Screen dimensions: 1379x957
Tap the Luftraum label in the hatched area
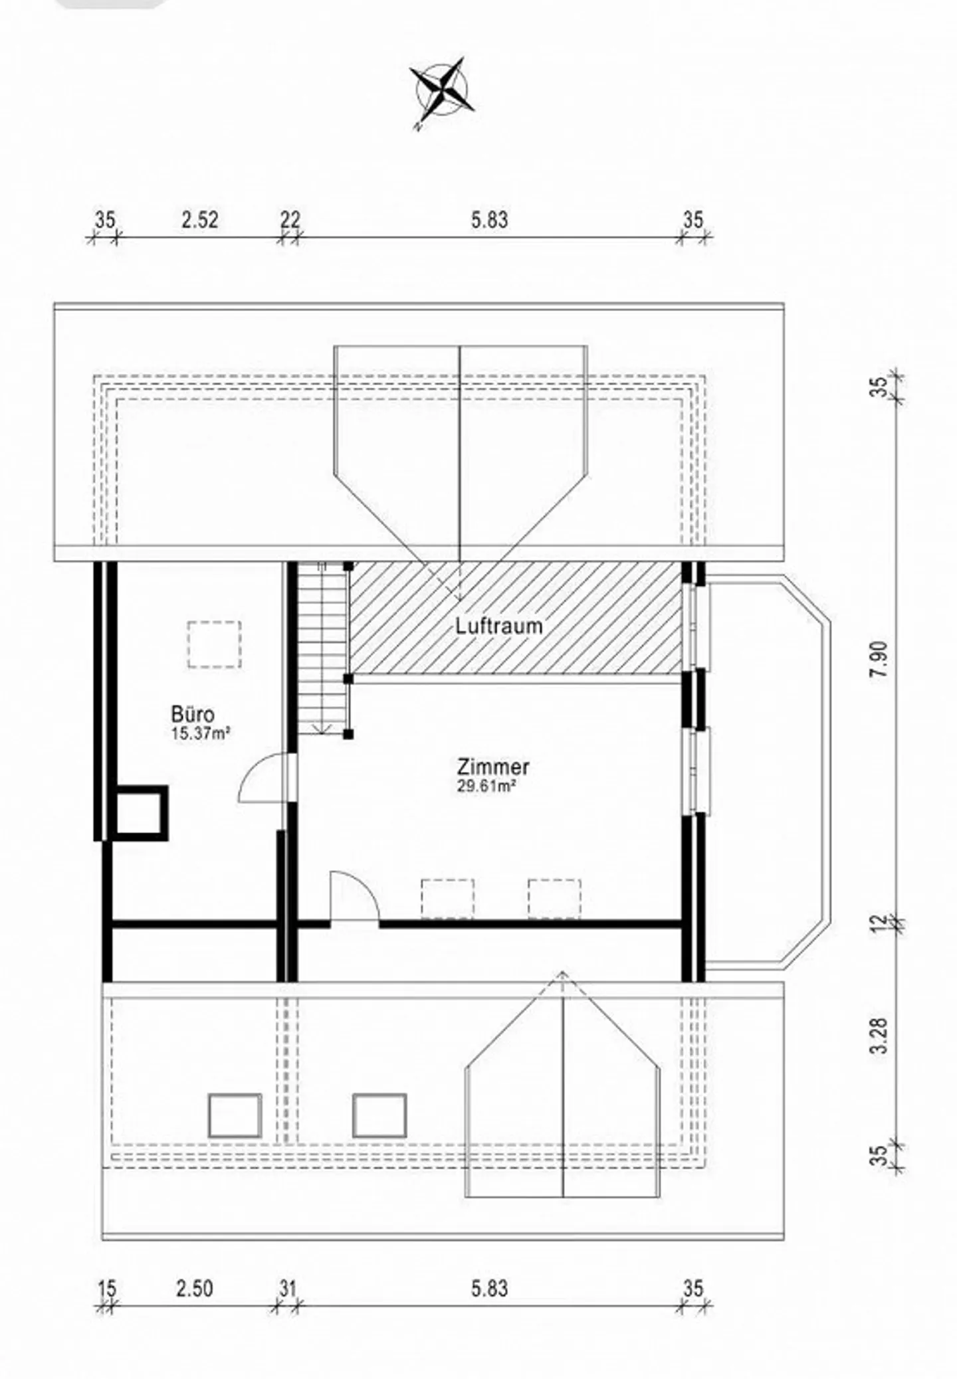[499, 626]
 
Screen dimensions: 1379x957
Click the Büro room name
[193, 715]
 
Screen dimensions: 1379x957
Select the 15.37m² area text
[201, 733]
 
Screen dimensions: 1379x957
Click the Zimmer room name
[493, 767]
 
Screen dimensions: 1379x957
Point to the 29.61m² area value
[487, 786]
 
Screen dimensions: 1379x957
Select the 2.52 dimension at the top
[200, 220]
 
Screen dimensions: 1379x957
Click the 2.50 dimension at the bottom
[195, 1289]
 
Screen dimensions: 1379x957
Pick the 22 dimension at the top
[290, 220]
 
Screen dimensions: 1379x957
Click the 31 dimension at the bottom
[286, 1289]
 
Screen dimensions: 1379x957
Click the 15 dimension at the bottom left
[107, 1289]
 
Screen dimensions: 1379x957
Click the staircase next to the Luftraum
[322, 648]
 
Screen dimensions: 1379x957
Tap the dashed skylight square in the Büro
[214, 644]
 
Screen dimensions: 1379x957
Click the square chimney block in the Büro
[140, 813]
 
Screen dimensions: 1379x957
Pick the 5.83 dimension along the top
[490, 220]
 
